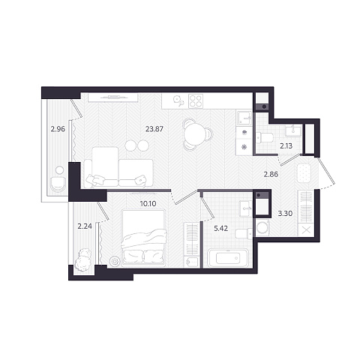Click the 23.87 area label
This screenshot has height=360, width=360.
[x=154, y=129]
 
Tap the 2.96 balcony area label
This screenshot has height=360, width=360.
[x=58, y=129]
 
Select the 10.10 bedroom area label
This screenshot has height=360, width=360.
[x=148, y=203]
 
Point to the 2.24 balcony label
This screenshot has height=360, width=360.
[x=85, y=226]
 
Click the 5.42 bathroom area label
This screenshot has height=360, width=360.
[x=221, y=228]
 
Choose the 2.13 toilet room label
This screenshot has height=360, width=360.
[x=286, y=145]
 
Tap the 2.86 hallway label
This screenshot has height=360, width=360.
[x=271, y=174]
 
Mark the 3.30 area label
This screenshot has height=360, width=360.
[x=285, y=214]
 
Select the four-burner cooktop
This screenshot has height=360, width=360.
[x=196, y=101]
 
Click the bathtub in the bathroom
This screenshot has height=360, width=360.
[x=228, y=258]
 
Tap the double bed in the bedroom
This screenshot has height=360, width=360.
[x=143, y=238]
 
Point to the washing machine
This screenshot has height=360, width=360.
[x=262, y=227]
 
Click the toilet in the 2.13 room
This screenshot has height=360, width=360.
[x=265, y=138]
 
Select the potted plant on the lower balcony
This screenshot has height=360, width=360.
[x=83, y=260]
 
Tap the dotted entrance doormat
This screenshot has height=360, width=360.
[x=304, y=172]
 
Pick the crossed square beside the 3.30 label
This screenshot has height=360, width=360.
[x=306, y=230]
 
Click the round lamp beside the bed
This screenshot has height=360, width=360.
[x=115, y=261]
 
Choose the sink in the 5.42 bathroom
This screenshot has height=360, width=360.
[x=246, y=208]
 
